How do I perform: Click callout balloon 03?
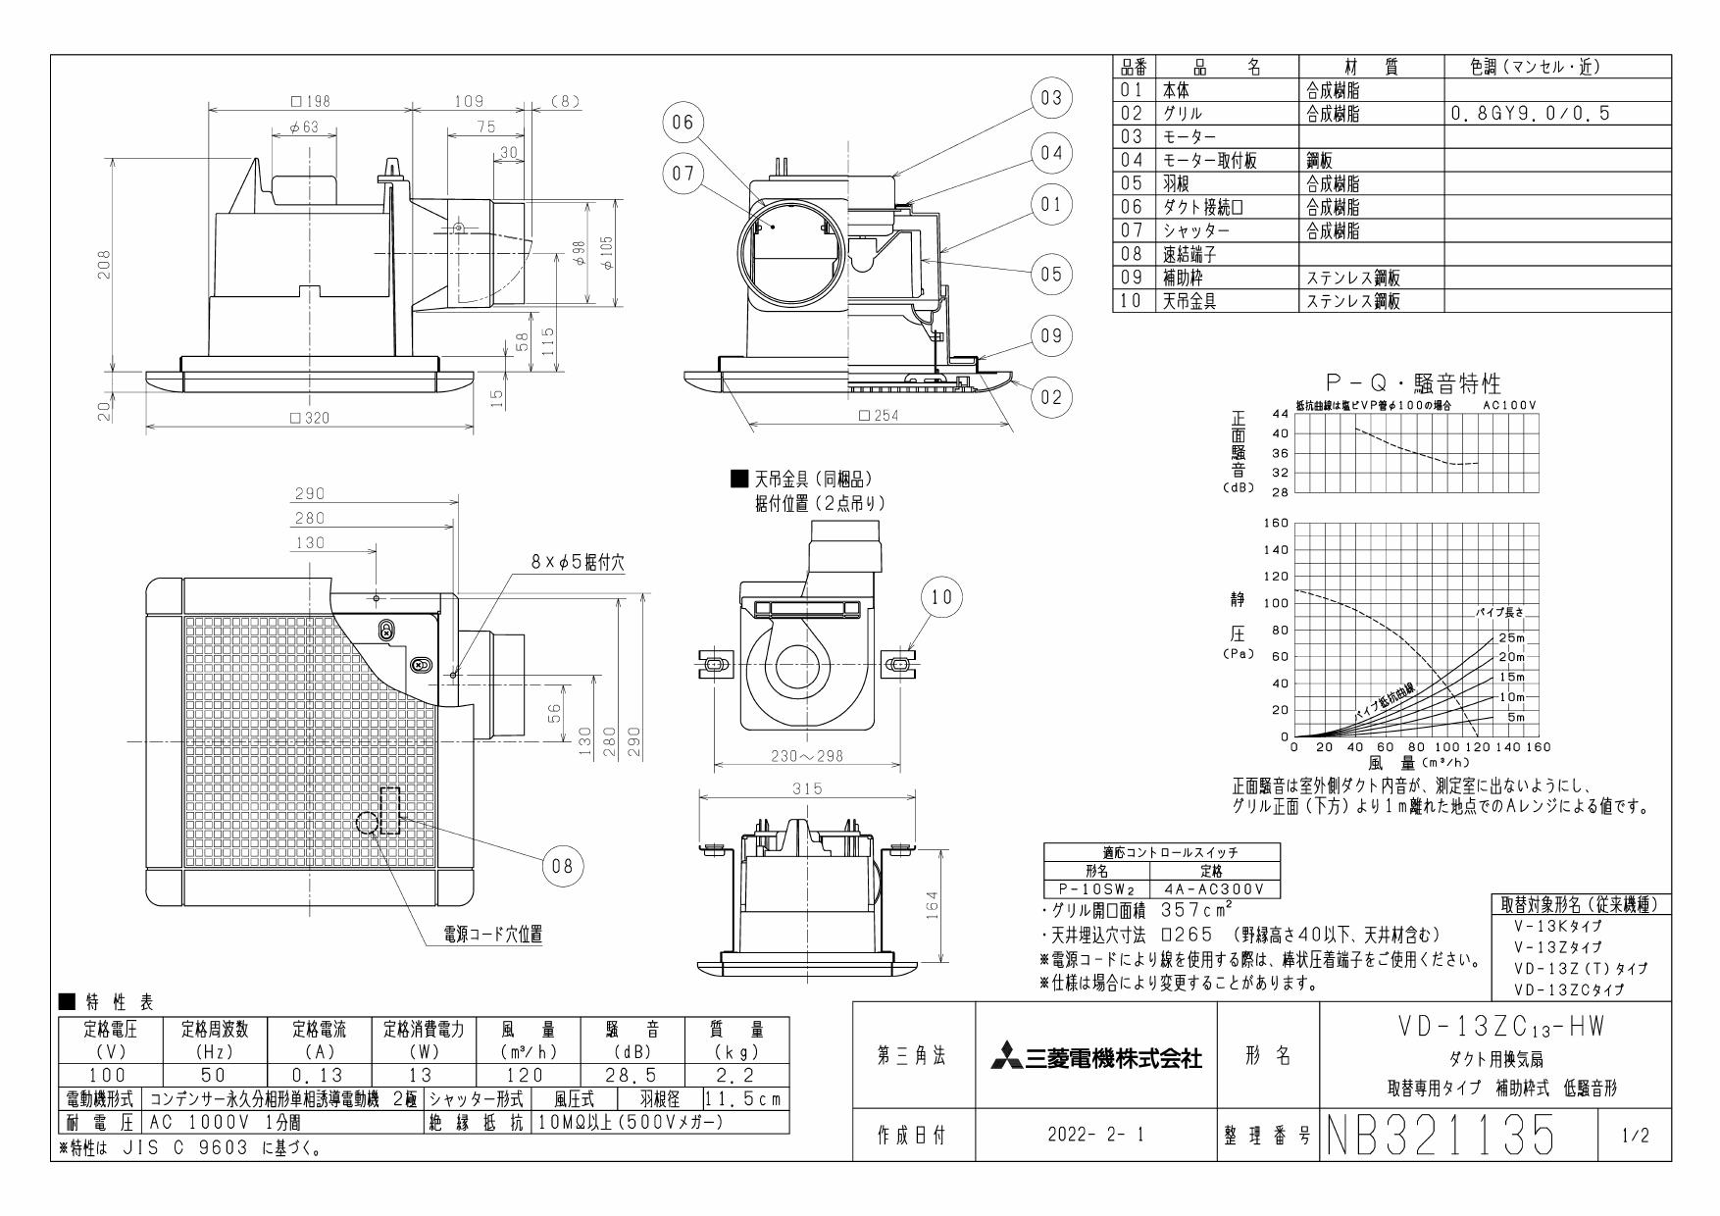1051,98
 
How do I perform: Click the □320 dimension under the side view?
310,418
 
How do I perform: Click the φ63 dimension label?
304,128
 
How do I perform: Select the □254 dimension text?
878,415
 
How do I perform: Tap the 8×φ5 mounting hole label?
577,562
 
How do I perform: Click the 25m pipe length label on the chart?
1511,638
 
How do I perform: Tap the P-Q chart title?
1412,383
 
